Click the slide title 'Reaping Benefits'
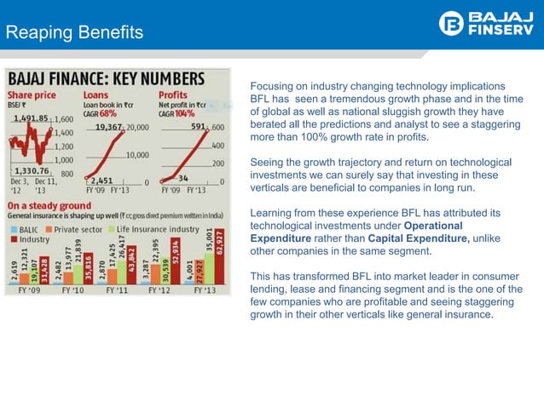point(74,33)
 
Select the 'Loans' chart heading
point(95,95)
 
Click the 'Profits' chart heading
point(173,95)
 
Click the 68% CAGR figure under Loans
point(108,112)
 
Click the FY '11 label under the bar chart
point(122,290)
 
